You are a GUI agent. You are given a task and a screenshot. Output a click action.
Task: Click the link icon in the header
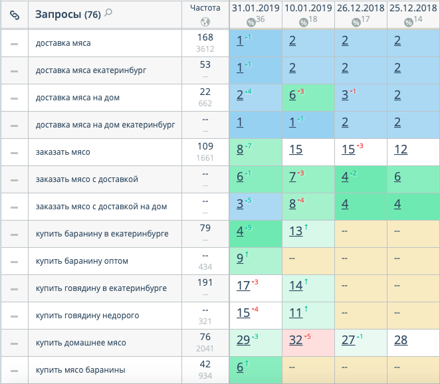coord(15,15)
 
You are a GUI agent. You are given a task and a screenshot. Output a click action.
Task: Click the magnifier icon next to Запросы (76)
coord(108,13)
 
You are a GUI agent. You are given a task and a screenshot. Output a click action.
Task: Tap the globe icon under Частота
coord(205,21)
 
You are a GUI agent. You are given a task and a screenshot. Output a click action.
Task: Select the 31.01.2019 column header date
coord(255,8)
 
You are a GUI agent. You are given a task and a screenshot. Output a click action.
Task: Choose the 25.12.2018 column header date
coord(413,8)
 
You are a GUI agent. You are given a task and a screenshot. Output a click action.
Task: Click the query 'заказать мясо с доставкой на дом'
coord(101,207)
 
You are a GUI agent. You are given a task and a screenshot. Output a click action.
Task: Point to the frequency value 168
coord(205,37)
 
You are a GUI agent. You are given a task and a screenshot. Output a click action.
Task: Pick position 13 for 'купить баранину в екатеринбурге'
coord(296,232)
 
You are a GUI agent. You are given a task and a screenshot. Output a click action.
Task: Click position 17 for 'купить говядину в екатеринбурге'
coord(243,286)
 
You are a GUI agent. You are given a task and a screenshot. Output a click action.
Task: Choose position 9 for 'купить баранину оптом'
coord(240,259)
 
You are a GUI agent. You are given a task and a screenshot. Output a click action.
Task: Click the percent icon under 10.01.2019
coord(304,22)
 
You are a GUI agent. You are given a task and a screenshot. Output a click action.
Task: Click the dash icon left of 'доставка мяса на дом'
coord(15,98)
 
